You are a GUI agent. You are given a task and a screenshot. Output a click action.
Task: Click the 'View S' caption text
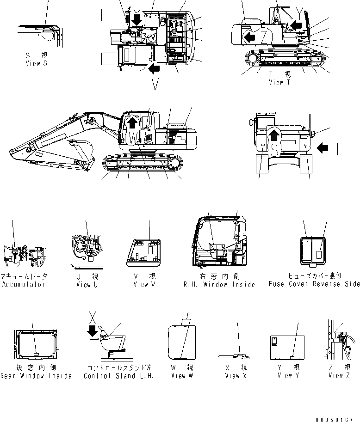pos(37,64)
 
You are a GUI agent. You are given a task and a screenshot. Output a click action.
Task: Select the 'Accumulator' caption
pos(23,284)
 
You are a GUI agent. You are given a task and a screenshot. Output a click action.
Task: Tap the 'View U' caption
pos(87,284)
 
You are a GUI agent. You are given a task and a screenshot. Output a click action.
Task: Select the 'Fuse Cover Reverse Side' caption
pos(314,284)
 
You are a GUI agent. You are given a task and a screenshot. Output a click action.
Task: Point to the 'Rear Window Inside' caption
pos(36,376)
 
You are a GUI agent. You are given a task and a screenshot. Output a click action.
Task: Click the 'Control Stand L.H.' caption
pos(119,376)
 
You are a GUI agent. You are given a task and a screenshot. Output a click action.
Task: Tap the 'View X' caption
pos(236,376)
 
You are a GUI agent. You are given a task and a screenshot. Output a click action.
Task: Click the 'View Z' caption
pos(342,376)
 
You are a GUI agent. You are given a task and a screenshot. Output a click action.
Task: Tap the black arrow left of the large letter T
pos(324,148)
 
